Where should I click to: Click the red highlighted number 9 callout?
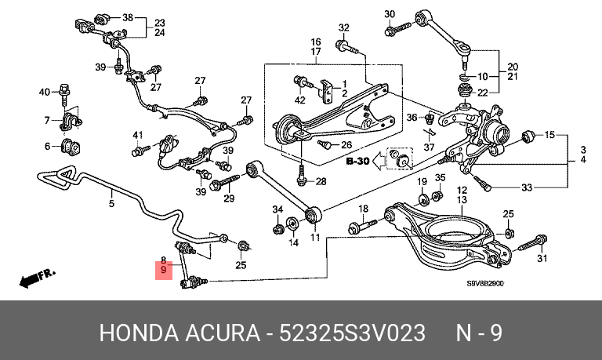coord(164,270)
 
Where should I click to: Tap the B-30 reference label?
coord(357,161)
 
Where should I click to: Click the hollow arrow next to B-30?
coord(379,161)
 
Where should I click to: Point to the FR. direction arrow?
coord(38,278)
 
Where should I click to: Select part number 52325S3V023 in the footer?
coord(352,333)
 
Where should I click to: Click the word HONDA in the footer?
coord(139,333)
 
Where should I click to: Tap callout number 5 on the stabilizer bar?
coord(111,203)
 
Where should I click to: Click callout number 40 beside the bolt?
coord(45,93)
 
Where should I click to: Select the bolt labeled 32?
coord(346,47)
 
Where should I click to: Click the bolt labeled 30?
coord(397,29)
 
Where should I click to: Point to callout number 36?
coord(412,117)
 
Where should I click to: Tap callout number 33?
coord(527,187)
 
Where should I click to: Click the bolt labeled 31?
coord(535,243)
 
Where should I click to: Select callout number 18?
coord(363,209)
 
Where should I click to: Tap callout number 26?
coord(346,145)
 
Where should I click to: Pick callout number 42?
coord(299,100)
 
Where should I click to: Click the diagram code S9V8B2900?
coord(485,284)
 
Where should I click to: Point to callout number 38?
coord(128,17)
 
